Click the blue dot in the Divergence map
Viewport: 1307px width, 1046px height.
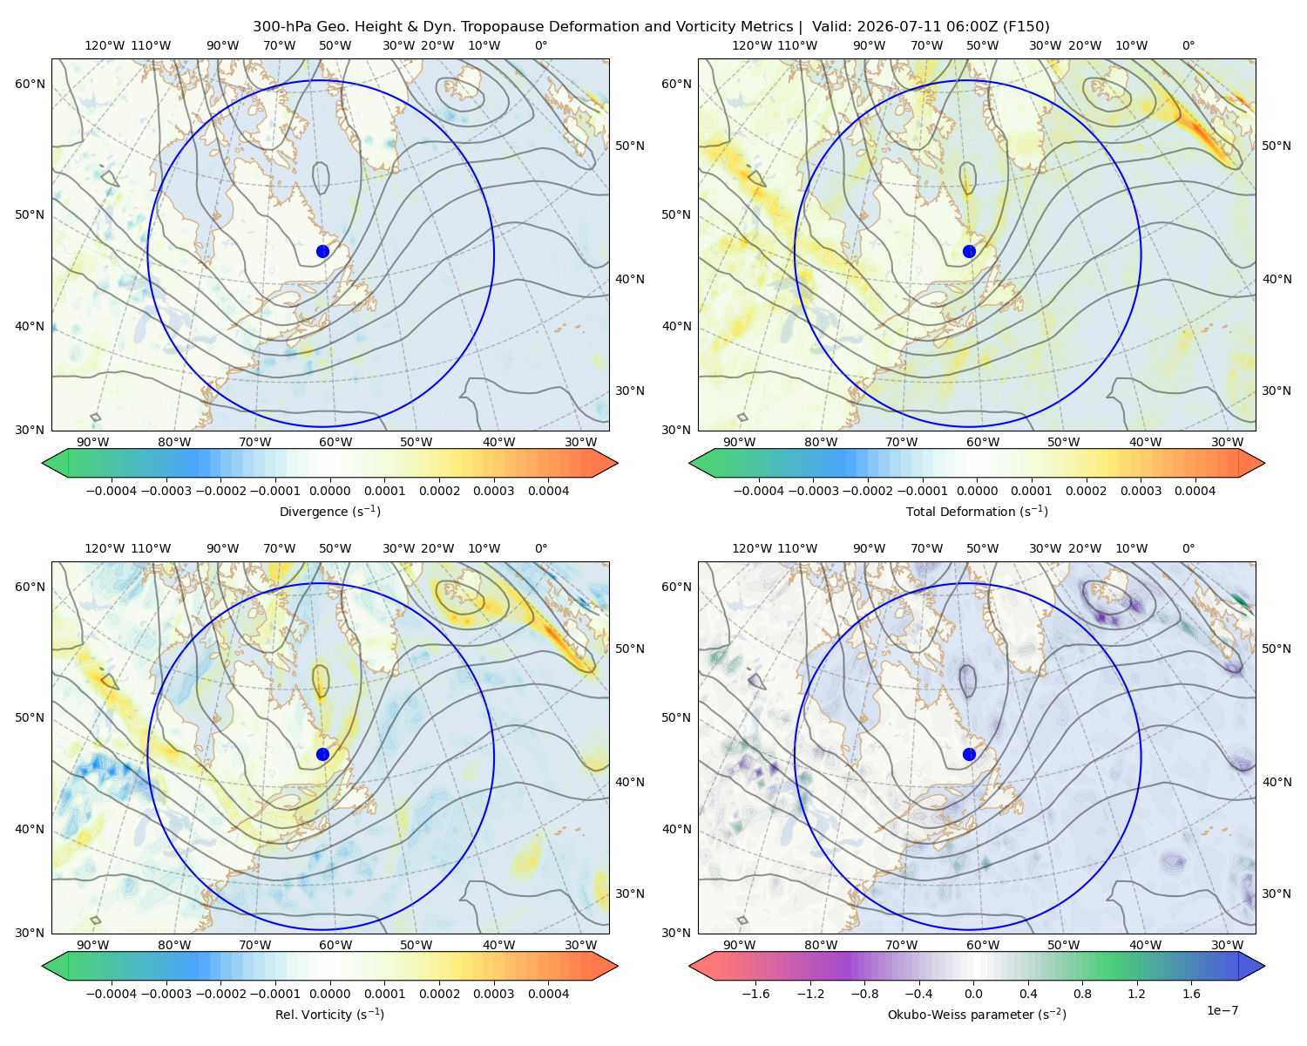322,251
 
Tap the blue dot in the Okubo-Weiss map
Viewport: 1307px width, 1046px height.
969,754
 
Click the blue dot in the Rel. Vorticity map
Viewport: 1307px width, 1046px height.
322,754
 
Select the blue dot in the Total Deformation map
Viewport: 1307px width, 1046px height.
969,251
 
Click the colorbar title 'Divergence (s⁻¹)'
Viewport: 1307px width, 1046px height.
329,511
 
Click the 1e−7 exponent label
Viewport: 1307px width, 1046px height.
1222,1010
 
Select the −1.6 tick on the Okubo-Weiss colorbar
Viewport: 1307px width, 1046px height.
755,994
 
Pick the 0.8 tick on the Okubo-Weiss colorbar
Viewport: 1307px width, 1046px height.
1082,994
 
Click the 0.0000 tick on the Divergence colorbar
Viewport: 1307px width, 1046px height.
329,491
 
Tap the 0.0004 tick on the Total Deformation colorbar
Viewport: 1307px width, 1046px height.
1195,491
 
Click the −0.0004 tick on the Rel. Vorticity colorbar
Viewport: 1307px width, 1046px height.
112,994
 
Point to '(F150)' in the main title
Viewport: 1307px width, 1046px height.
1026,27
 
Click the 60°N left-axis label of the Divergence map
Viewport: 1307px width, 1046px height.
30,84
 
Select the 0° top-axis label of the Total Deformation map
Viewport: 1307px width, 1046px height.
1188,45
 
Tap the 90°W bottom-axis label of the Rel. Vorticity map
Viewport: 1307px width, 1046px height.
93,945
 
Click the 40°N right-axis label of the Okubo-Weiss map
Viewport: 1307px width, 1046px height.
1277,782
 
